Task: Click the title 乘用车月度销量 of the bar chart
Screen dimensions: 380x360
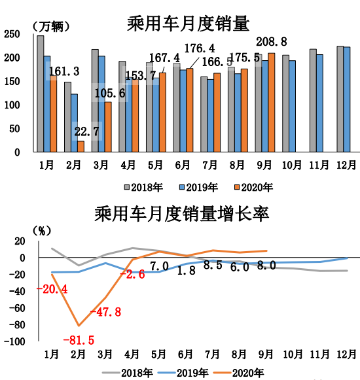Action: click(188, 24)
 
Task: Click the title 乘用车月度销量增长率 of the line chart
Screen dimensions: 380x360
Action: click(182, 214)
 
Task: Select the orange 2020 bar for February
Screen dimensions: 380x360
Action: click(81, 147)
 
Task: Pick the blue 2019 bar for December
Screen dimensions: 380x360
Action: click(347, 99)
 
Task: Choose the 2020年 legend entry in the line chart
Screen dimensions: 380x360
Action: click(241, 373)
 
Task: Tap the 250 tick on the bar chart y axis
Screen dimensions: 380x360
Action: click(12, 35)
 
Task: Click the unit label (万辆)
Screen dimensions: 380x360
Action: click(51, 26)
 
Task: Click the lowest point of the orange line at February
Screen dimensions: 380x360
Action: click(79, 326)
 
